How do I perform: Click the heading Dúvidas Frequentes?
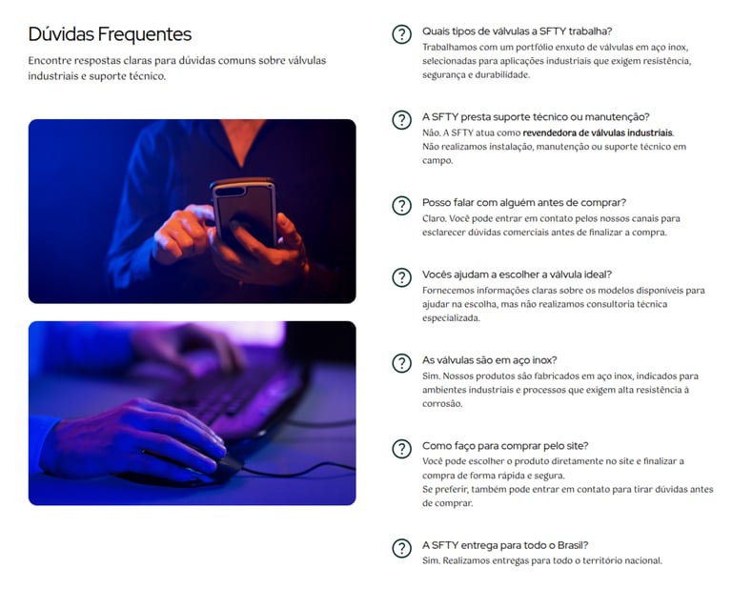110,34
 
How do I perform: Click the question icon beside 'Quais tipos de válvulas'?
401,34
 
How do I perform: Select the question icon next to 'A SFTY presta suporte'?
401,120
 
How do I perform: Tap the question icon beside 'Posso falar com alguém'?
401,205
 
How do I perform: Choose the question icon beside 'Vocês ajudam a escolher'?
401,277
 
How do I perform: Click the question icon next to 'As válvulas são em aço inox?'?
401,363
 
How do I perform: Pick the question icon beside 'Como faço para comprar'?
401,449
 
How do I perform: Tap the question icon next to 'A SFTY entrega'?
401,548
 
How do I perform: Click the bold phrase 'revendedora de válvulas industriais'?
598,133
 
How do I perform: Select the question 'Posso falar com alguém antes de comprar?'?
524,203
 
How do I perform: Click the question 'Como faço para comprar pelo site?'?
505,446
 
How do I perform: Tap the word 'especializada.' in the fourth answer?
451,318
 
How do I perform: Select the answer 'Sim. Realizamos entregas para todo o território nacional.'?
542,560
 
